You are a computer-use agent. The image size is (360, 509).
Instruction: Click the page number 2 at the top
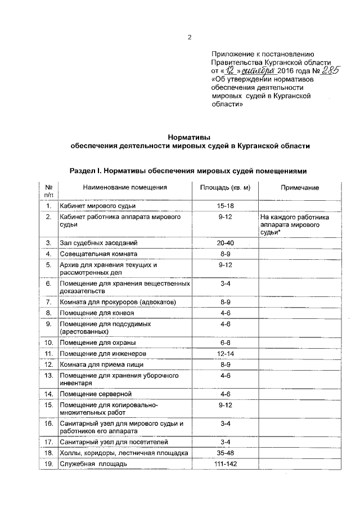pos(190,38)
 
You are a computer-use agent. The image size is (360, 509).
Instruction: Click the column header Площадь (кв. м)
pos(225,188)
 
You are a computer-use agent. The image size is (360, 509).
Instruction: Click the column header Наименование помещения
pos(124,188)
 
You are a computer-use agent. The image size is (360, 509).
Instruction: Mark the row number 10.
pos(49,343)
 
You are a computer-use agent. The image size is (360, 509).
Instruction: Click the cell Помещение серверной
pos(95,394)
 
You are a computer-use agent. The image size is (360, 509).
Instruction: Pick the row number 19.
pos(49,464)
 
